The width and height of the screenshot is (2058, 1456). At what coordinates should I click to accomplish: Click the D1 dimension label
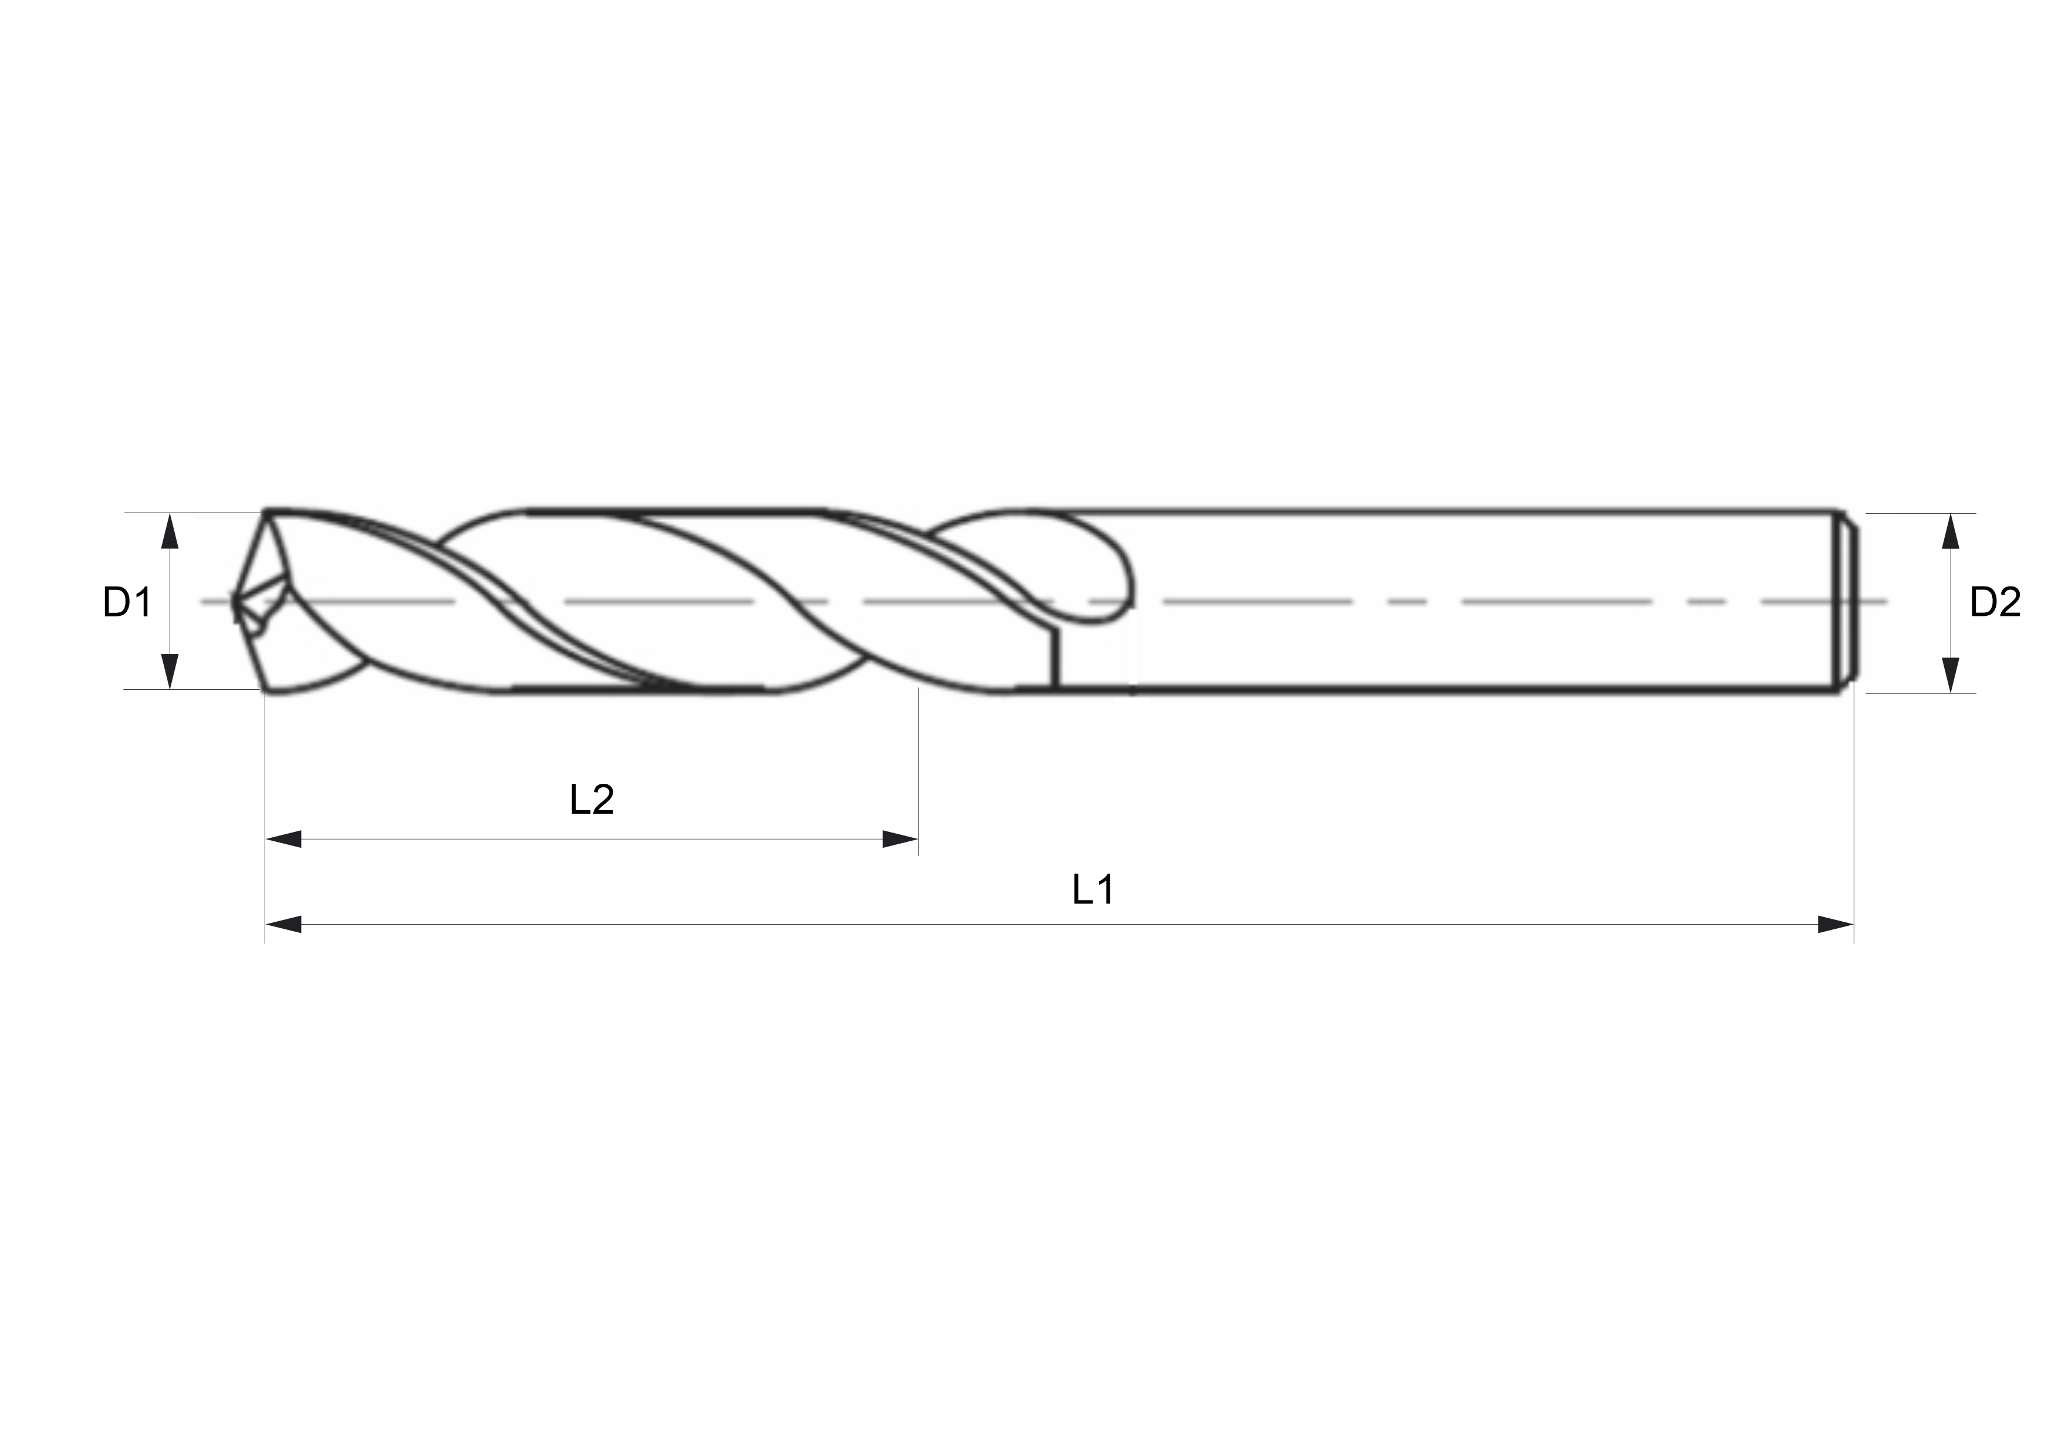point(127,602)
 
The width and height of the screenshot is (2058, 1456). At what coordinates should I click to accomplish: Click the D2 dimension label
point(1995,602)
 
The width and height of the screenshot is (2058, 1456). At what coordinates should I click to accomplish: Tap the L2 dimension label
point(592,799)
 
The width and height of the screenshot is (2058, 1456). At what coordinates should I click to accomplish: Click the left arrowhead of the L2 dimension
point(283,839)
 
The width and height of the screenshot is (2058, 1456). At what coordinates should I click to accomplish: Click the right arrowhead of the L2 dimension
point(900,839)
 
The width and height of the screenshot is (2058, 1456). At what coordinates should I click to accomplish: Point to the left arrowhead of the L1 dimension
point(283,924)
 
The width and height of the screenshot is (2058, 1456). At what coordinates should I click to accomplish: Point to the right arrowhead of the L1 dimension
point(1836,924)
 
